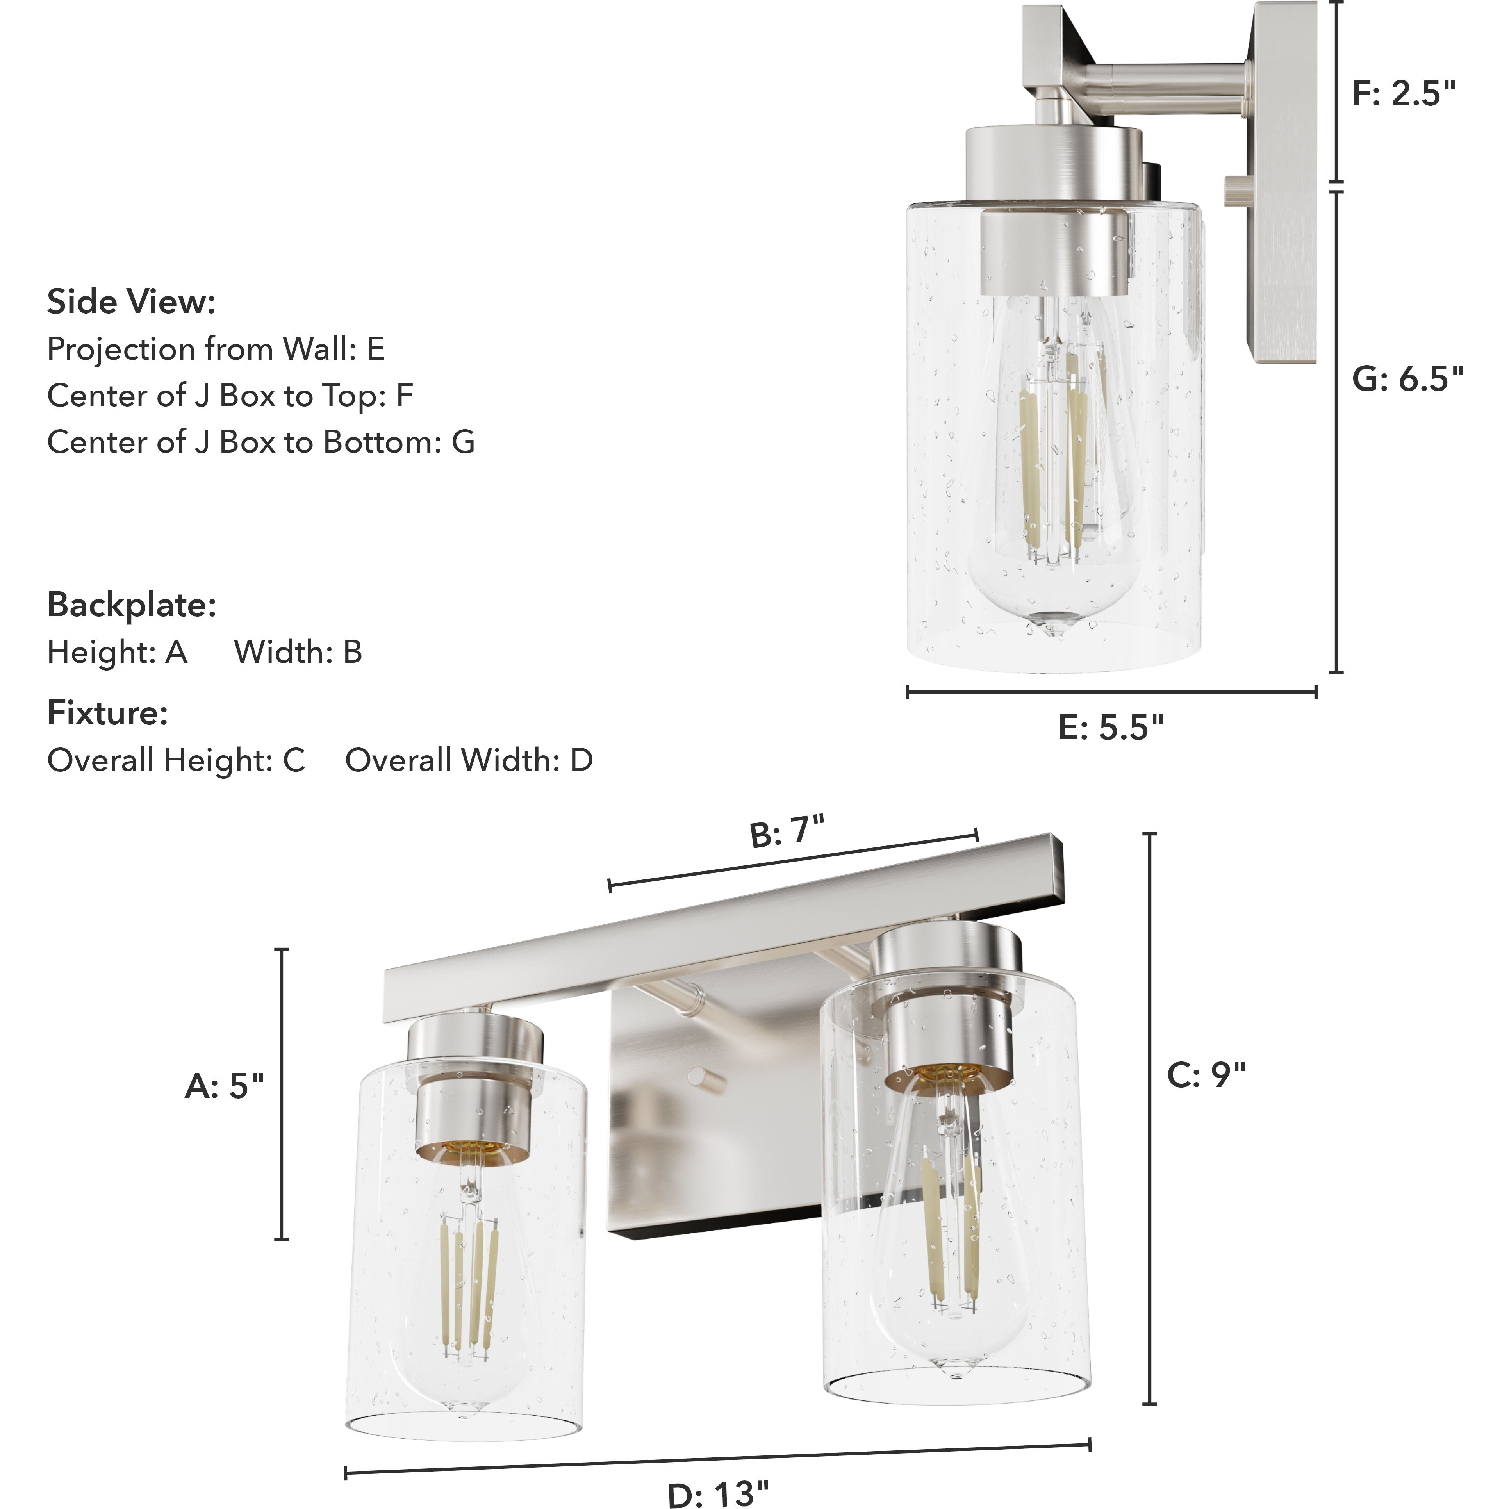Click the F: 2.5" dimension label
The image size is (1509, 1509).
(1404, 94)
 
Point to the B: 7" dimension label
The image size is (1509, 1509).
(787, 831)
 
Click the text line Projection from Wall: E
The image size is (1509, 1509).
(216, 349)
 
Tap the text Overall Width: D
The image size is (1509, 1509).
(469, 760)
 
